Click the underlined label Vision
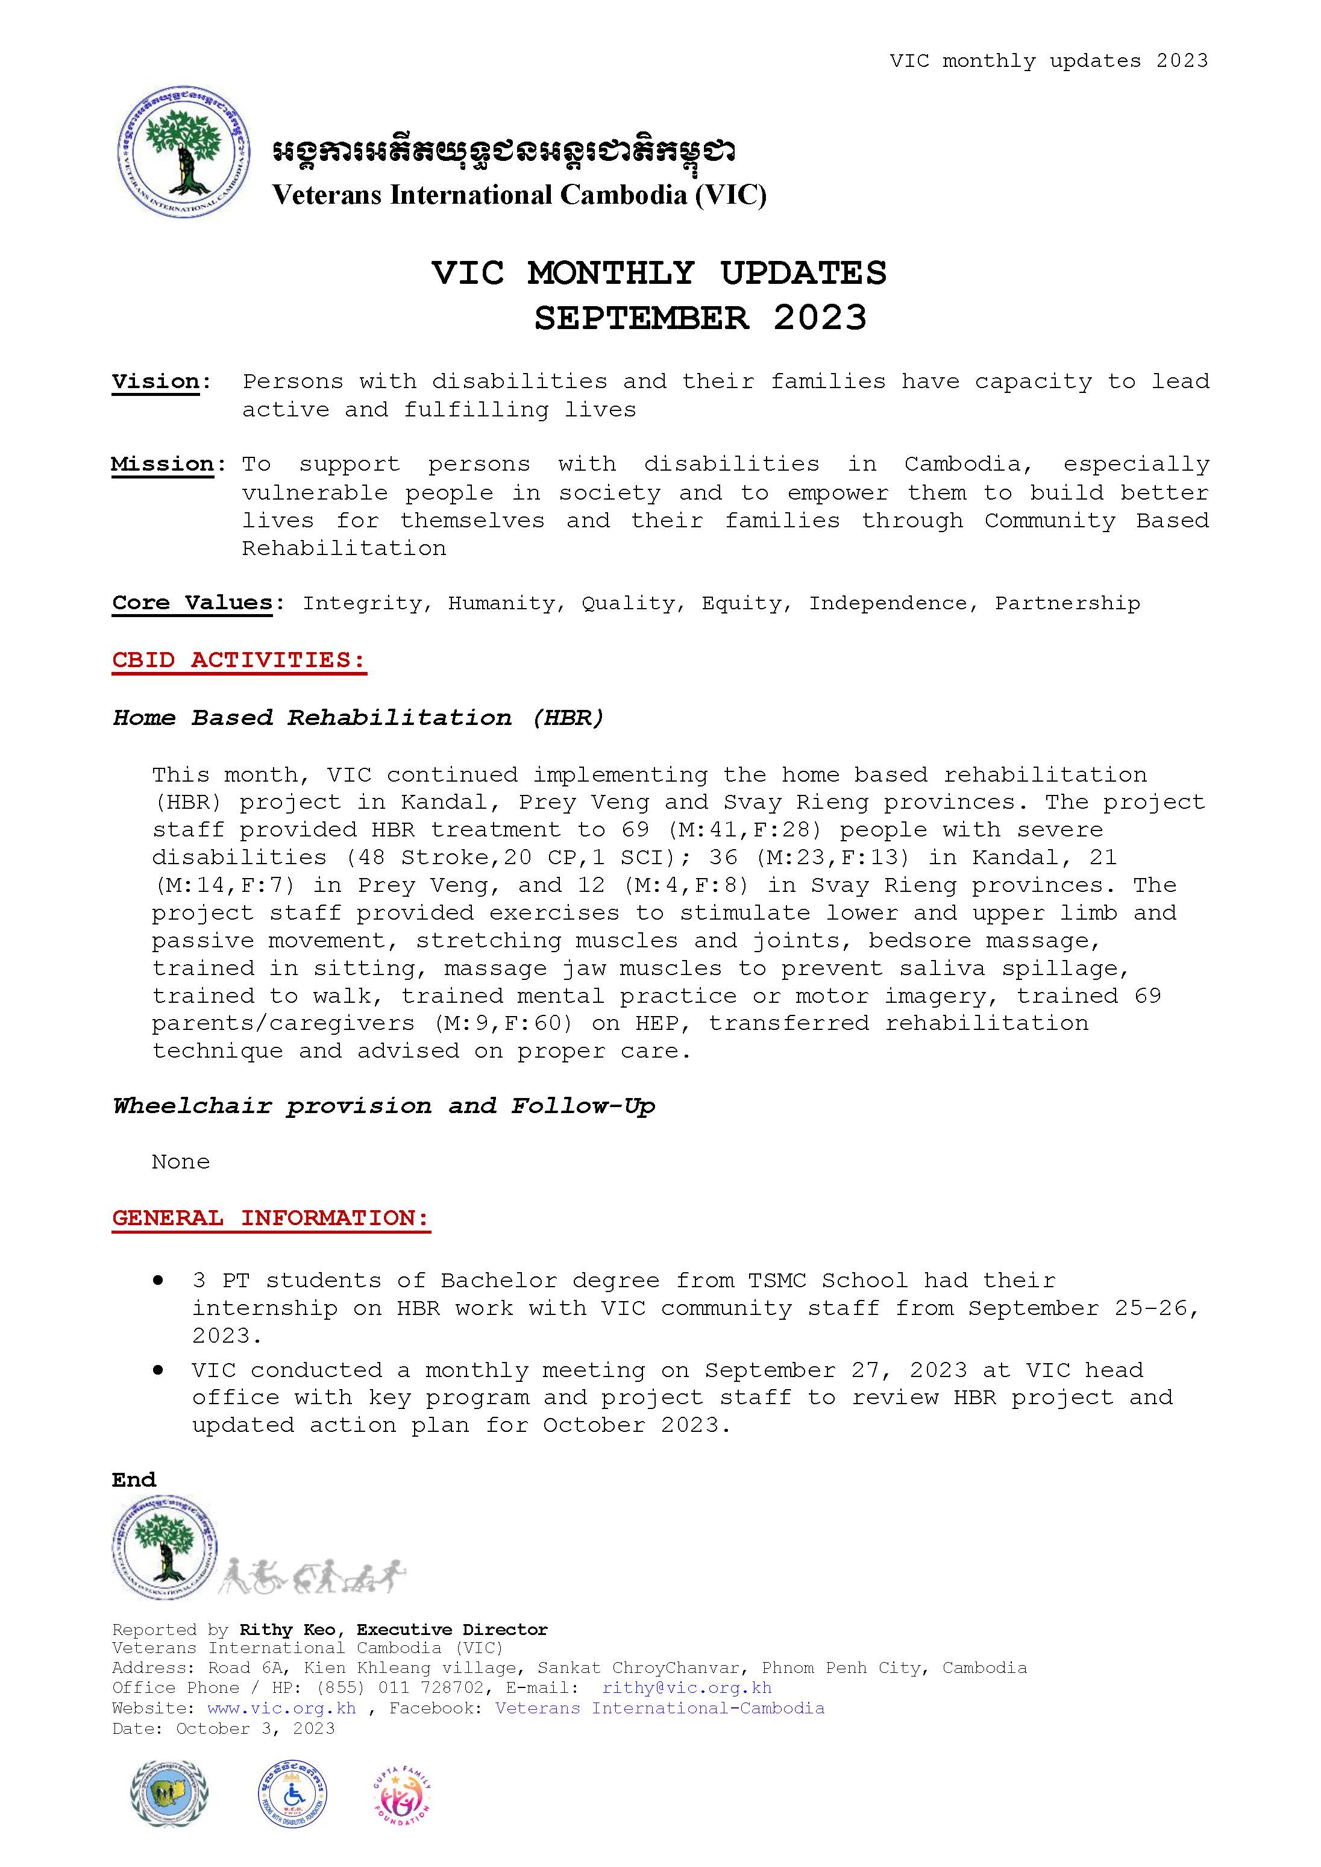tap(156, 381)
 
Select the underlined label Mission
tap(163, 465)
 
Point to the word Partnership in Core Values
tap(1067, 604)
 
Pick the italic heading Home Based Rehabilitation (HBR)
tap(359, 718)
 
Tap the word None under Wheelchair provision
tap(181, 1162)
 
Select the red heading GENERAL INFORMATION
tap(270, 1218)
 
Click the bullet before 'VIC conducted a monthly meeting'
tap(158, 1370)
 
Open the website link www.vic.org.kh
tap(281, 1707)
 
